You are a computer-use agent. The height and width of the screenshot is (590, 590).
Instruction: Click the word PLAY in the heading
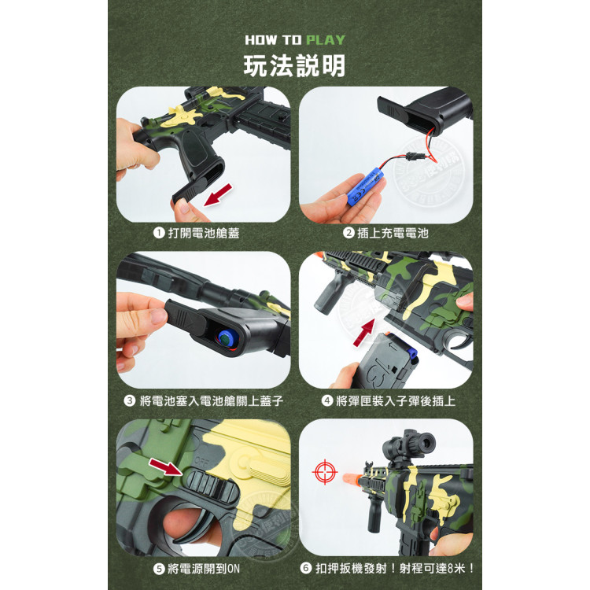[325, 39]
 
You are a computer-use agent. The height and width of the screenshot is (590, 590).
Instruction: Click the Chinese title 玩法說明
[294, 66]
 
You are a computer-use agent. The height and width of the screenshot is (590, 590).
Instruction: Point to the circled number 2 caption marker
[348, 234]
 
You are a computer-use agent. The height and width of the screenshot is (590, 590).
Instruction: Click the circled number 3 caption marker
[130, 401]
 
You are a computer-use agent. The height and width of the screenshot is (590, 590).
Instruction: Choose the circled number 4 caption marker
[327, 401]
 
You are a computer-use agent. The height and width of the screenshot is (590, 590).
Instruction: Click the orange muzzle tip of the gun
[354, 481]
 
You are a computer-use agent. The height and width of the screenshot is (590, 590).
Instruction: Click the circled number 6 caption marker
[306, 570]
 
